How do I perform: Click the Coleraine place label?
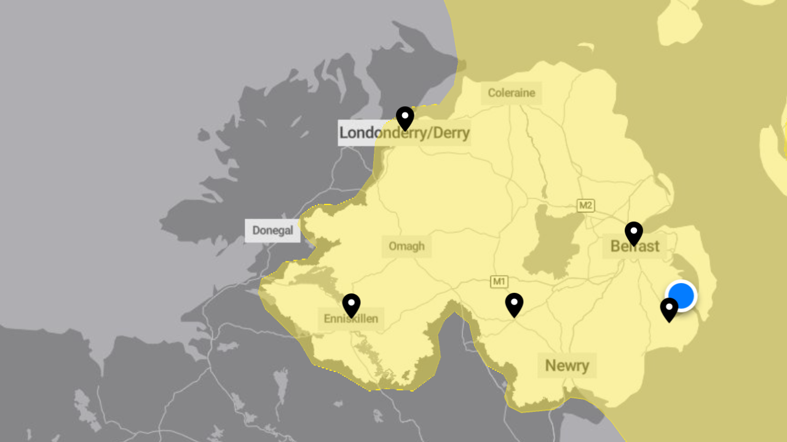coord(512,93)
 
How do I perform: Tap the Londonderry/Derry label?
coord(404,133)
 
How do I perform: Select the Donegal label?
coord(273,231)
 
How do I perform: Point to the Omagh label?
coord(406,246)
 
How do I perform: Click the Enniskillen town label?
coord(350,319)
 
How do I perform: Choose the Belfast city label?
coord(635,247)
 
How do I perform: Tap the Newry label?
coord(567,366)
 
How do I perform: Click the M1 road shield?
coord(499,282)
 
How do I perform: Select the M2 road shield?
coord(585,206)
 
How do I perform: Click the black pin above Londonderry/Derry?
coord(405,117)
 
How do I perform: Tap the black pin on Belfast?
coord(634,233)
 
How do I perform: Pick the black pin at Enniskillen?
coord(351,304)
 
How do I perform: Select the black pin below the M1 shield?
coord(514,304)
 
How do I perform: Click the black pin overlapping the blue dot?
coord(668,309)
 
